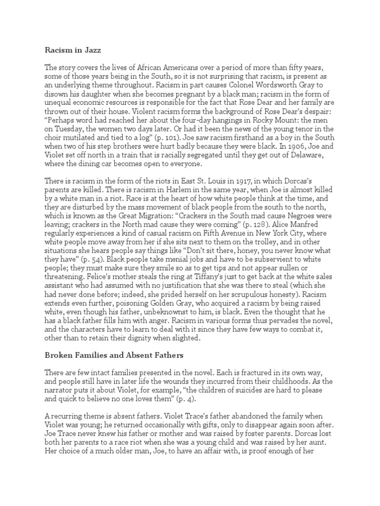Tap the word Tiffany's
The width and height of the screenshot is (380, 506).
coord(218,289)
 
